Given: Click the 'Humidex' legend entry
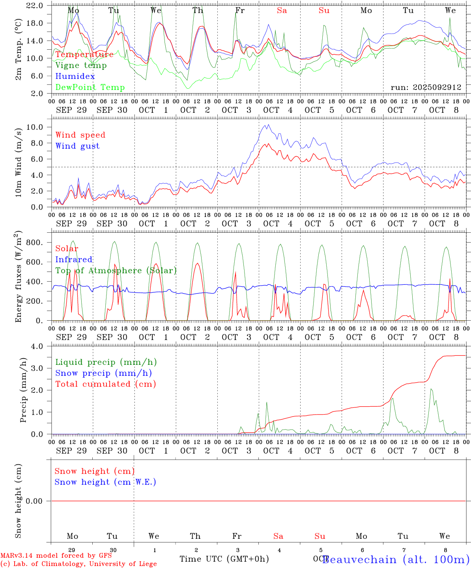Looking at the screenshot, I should (x=75, y=76).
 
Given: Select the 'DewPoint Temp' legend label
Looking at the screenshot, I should (x=90, y=87).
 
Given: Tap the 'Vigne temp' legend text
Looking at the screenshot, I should (x=81, y=65).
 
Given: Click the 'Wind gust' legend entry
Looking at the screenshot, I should (x=77, y=146).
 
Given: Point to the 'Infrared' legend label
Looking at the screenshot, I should (x=74, y=260).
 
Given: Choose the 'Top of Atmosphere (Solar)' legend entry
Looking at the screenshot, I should (x=116, y=271).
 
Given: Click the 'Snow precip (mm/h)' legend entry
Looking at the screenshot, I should (x=103, y=373).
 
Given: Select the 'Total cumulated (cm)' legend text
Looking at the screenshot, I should (x=105, y=384).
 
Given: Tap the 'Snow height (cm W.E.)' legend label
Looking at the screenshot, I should (x=105, y=482).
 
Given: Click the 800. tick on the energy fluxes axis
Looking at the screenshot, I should (x=34, y=243).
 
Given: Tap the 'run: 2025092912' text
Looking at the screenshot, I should (x=426, y=88).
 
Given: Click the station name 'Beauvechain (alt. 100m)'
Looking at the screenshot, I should (x=396, y=559).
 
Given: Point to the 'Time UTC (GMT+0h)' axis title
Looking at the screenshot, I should (x=224, y=559).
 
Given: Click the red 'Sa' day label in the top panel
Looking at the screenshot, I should (x=282, y=11).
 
